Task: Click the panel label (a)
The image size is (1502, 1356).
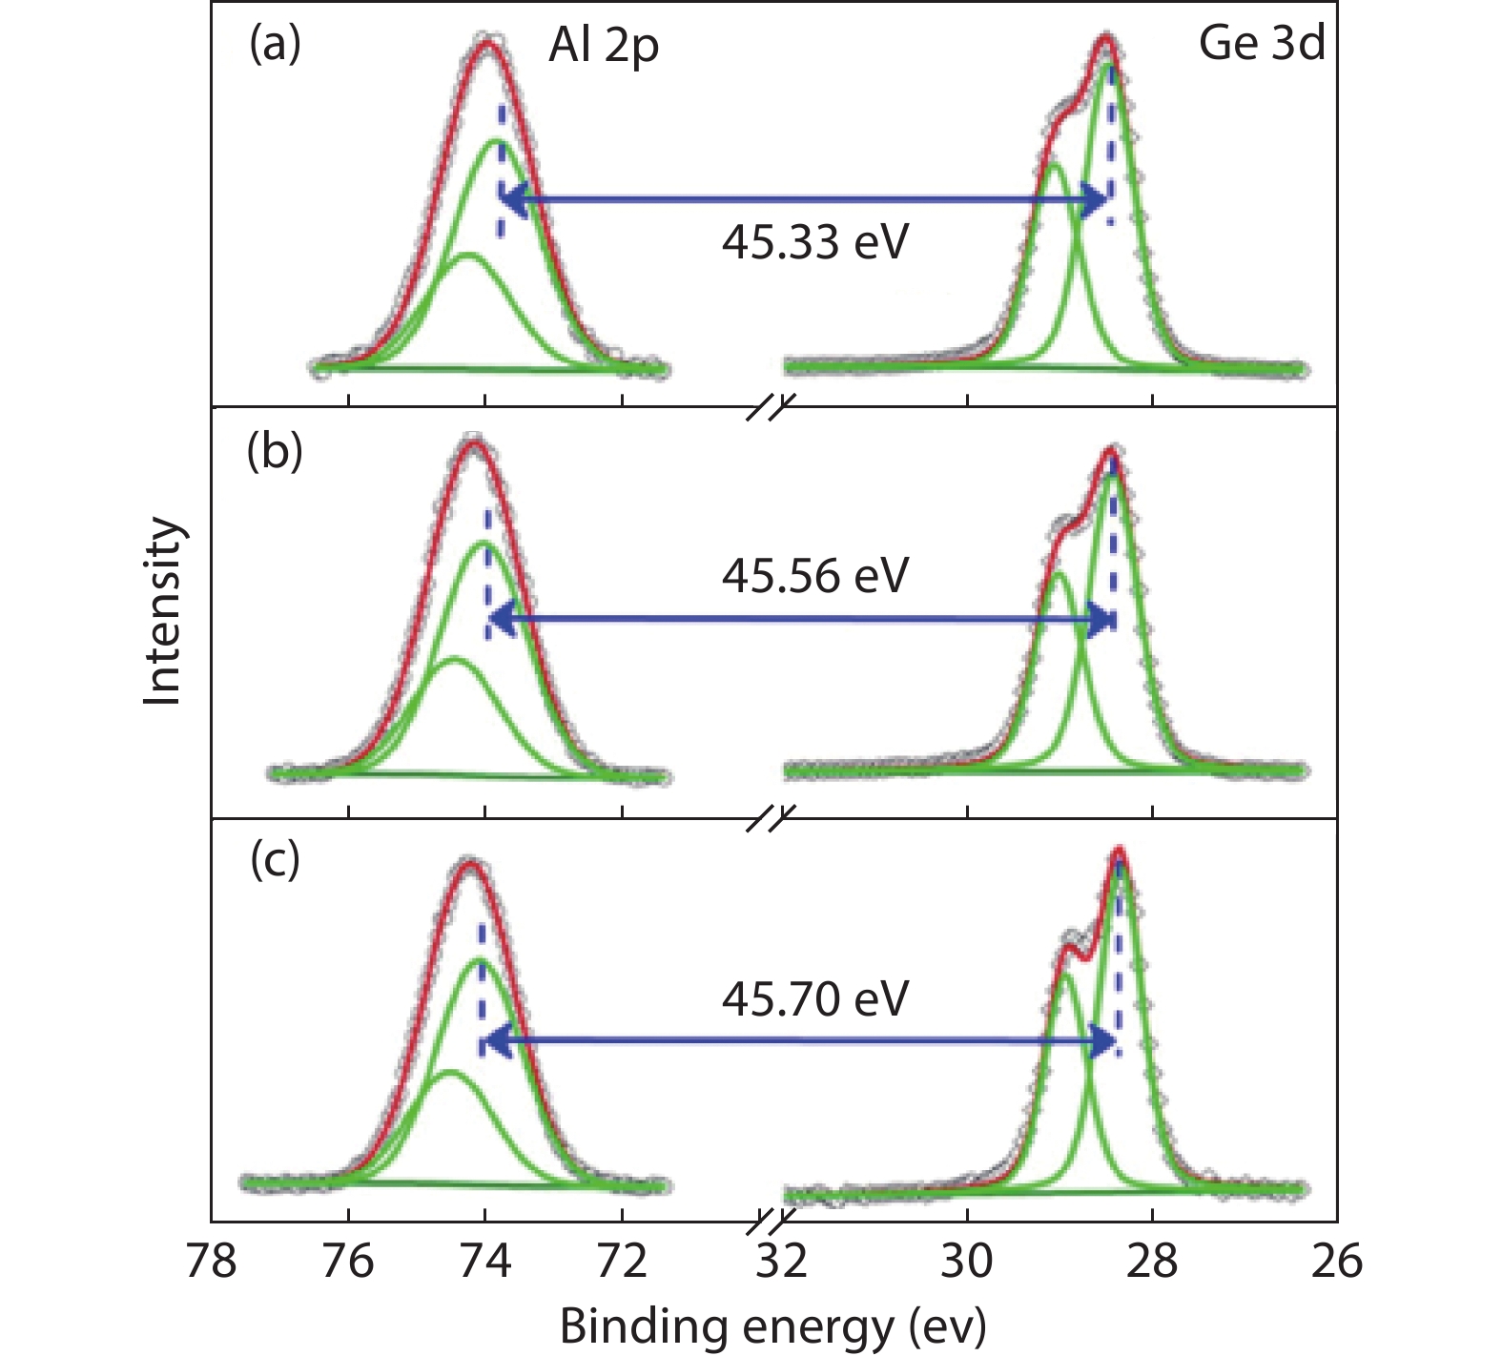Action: [x=275, y=44]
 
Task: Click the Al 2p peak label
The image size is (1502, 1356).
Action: [x=603, y=46]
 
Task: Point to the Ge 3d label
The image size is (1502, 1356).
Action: [x=1261, y=44]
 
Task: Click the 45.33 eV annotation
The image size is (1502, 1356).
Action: [x=814, y=242]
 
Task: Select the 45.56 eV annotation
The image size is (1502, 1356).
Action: [x=814, y=576]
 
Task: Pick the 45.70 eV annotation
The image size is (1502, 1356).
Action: [x=814, y=999]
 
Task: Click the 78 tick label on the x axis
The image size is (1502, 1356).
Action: [x=211, y=1261]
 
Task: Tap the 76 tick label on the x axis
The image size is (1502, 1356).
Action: [x=348, y=1261]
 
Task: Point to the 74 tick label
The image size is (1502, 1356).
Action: [x=484, y=1261]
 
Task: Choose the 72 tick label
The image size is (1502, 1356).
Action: [x=622, y=1261]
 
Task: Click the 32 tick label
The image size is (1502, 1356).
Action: [x=782, y=1261]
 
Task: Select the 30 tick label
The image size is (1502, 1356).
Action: [x=967, y=1261]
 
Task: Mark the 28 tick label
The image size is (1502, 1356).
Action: [x=1152, y=1261]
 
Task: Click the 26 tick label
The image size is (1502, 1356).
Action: [x=1337, y=1261]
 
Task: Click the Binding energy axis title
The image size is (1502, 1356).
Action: [x=772, y=1326]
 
